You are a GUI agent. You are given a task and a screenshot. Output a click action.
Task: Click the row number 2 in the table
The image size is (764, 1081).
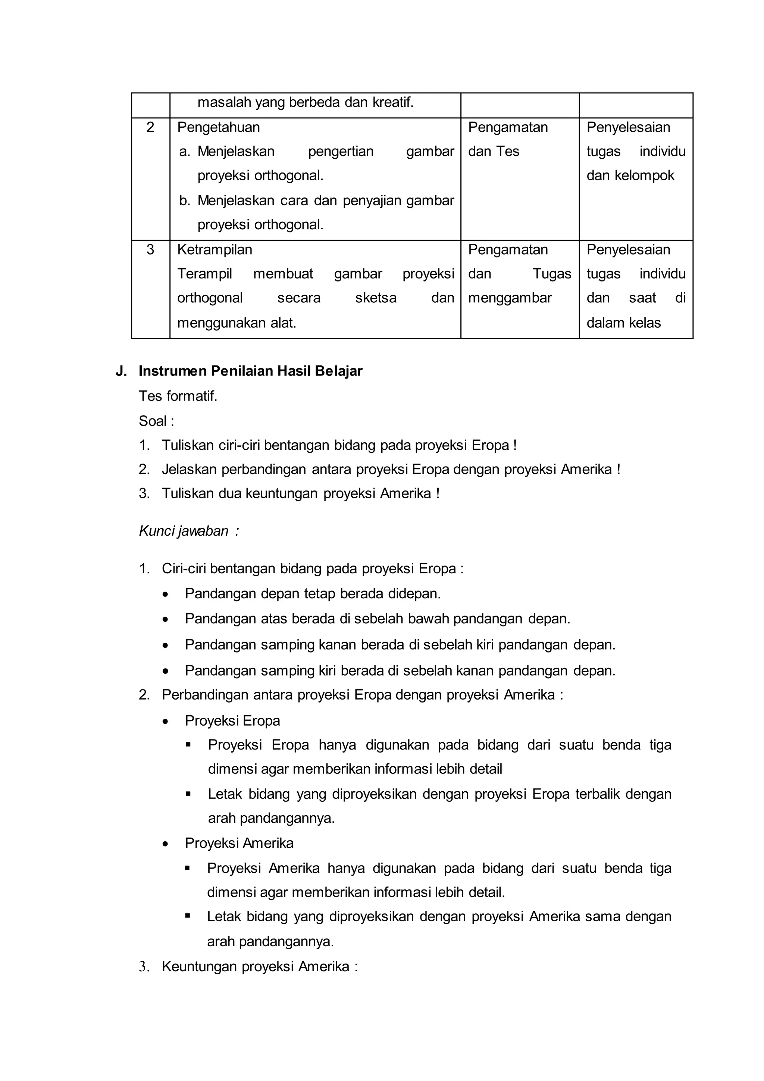click(150, 128)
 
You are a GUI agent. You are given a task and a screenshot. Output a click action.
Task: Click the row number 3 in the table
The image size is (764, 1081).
click(150, 250)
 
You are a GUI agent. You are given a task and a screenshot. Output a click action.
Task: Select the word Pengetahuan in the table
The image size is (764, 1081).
click(218, 128)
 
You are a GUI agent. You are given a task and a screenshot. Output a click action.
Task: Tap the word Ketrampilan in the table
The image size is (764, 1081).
click(215, 250)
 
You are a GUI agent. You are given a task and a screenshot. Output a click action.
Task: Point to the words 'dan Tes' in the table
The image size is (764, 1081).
click(494, 152)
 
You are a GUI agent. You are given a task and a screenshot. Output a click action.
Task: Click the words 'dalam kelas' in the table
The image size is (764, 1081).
click(623, 323)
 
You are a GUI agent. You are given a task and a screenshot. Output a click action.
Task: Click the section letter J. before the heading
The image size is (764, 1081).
click(121, 371)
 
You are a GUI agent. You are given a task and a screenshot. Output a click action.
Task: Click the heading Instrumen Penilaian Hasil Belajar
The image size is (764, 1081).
click(250, 371)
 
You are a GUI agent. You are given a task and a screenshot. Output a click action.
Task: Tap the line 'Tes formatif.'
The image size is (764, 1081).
click(178, 396)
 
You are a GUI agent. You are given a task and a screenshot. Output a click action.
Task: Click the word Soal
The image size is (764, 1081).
click(153, 421)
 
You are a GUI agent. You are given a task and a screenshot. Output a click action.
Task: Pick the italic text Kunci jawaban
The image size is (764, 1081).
click(184, 531)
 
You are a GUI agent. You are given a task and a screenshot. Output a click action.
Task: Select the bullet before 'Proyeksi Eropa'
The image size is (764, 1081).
click(165, 721)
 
